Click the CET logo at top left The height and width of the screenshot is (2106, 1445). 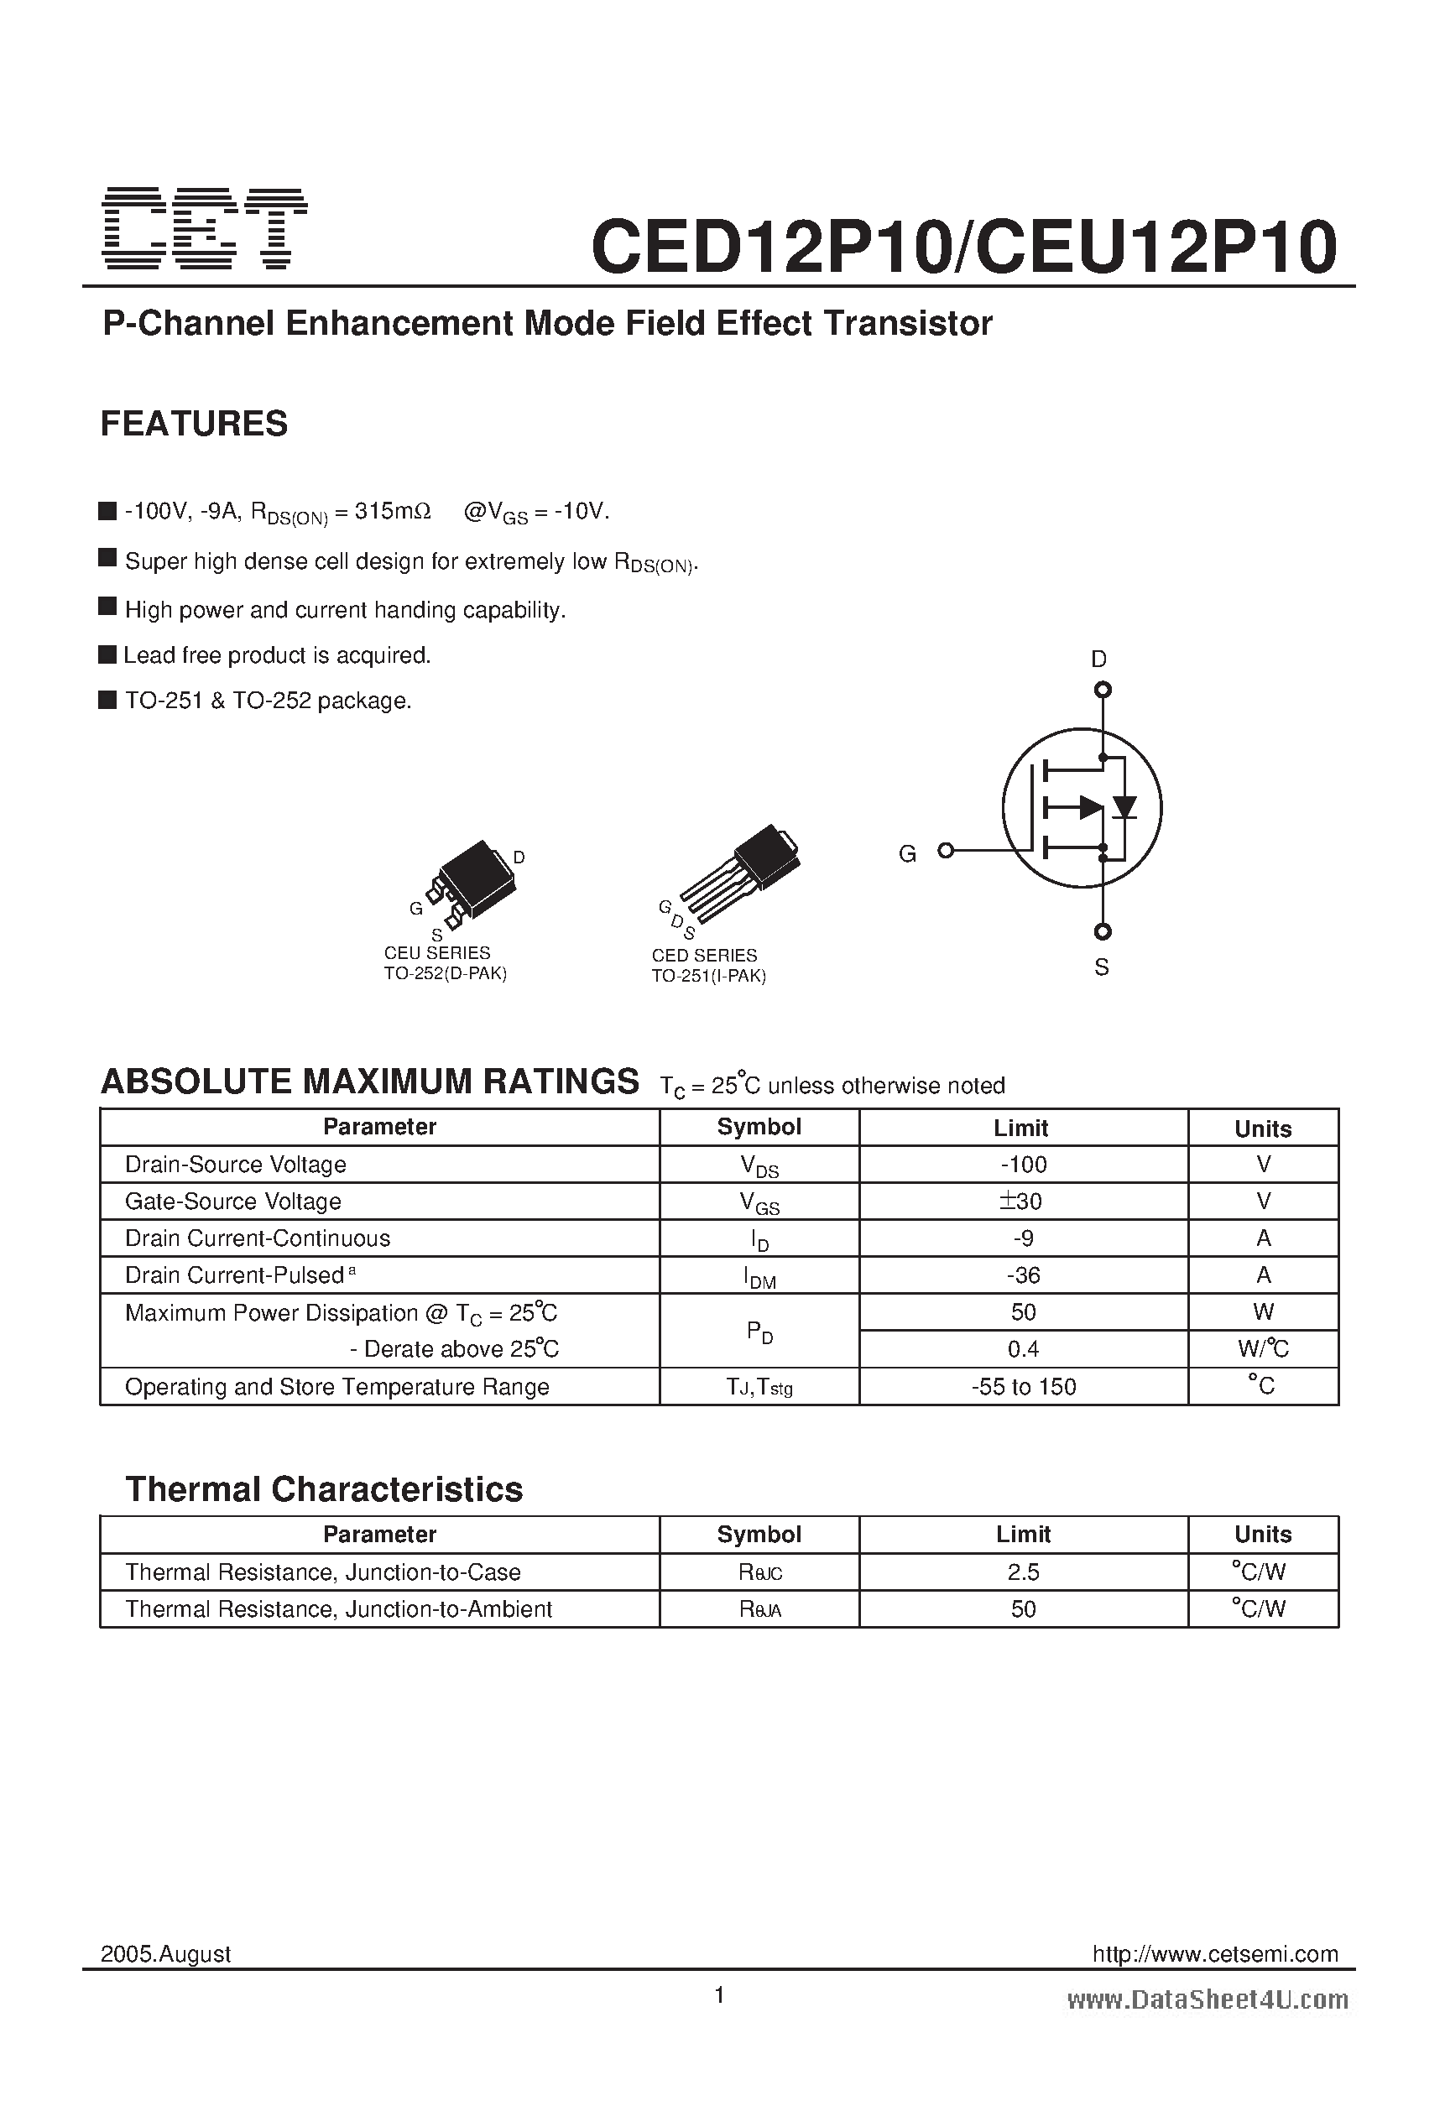pos(205,228)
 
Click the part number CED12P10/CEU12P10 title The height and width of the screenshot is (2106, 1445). pos(963,247)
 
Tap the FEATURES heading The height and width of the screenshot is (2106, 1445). pos(194,424)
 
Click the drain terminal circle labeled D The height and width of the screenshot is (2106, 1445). pos(1103,691)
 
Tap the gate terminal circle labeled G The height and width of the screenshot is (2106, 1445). pos(946,850)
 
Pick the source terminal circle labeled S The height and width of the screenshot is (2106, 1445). pos(1103,931)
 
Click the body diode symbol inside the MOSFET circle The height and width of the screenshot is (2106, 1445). pos(1125,806)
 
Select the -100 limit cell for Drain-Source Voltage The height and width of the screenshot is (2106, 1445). pos(1024,1165)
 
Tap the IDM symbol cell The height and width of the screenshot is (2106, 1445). pos(759,1277)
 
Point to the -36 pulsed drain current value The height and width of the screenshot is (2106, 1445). pos(1024,1276)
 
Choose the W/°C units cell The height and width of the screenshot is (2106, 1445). pos(1263,1349)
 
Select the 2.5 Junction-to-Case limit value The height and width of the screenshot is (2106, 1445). pos(1024,1572)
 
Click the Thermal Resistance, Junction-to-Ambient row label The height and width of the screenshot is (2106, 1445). pos(338,1609)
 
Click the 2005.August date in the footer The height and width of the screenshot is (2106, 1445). pos(166,1954)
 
